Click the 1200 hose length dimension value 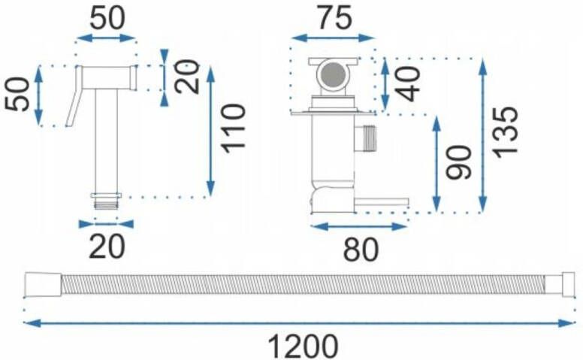click(303, 346)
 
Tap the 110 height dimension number click(233, 129)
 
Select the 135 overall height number click(505, 132)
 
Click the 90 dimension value click(459, 162)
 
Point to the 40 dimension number click(408, 84)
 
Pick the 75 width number click(334, 18)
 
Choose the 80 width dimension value click(361, 250)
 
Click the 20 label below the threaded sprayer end click(107, 247)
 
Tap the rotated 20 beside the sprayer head click(187, 76)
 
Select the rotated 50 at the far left click(17, 95)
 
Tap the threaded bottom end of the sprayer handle click(107, 204)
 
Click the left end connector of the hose click(43, 286)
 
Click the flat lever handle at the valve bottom click(381, 202)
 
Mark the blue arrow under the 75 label click(333, 38)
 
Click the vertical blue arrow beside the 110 click(211, 131)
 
